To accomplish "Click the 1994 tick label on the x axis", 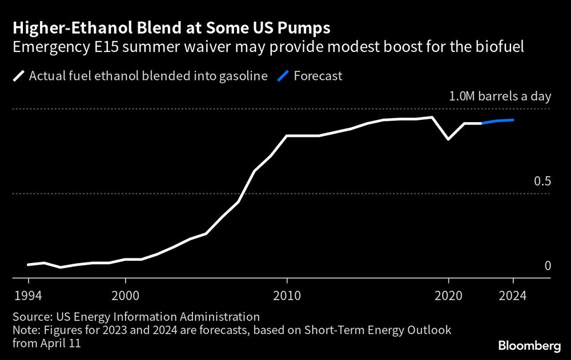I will [x=28, y=296].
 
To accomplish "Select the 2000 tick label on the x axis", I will [x=125, y=296].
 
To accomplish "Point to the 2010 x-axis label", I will [x=287, y=296].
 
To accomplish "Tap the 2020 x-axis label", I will [x=448, y=296].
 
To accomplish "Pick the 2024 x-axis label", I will [x=513, y=296].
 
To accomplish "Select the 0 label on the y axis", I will [x=548, y=266].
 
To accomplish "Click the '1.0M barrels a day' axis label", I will [x=499, y=96].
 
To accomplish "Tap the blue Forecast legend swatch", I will [x=283, y=76].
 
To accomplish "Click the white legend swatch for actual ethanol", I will [x=18, y=76].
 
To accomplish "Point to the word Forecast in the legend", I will [x=318, y=76].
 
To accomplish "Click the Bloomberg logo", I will [x=526, y=345].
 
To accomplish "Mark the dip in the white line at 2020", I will [x=448, y=139].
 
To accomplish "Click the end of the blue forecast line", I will [x=513, y=120].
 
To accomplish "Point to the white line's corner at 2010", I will [x=287, y=136].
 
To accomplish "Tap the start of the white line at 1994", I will [x=28, y=265].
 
